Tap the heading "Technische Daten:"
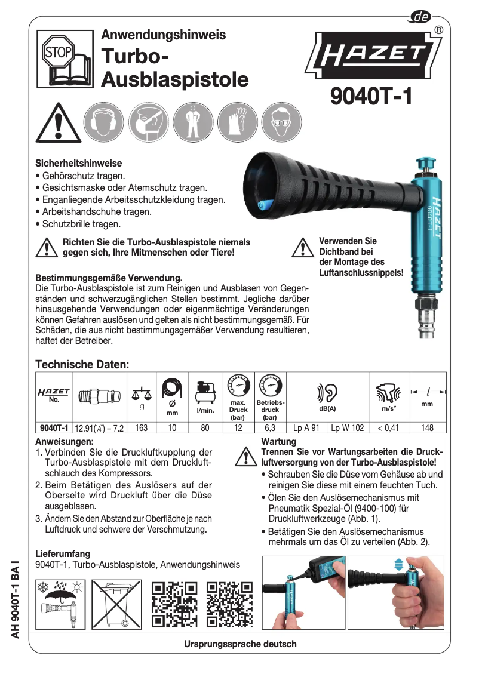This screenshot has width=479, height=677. (82, 364)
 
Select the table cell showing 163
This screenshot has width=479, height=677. (142, 427)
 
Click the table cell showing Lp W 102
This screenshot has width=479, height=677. (346, 427)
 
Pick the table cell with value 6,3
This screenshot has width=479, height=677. (269, 427)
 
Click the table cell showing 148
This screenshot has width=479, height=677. (426, 427)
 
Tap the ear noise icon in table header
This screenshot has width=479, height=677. (327, 392)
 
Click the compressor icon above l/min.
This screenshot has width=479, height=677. (205, 391)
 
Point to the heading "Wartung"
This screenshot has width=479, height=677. (278, 441)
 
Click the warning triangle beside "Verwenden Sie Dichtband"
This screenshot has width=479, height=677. (303, 247)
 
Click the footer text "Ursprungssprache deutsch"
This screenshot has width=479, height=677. (240, 644)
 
